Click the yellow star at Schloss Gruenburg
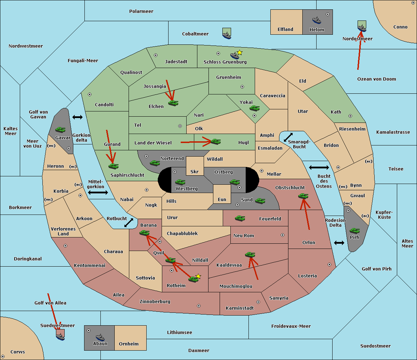(239, 53)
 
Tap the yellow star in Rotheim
(198, 276)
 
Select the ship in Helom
(317, 20)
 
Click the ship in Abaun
(100, 337)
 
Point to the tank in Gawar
(60, 130)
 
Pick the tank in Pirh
(355, 231)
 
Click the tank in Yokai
(255, 108)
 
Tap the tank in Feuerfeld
(240, 218)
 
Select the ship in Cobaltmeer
(227, 34)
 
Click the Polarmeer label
(141, 11)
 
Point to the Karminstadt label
(240, 308)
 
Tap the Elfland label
(285, 30)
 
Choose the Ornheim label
(129, 344)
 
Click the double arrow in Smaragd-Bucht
(288, 137)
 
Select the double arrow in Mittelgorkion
(98, 192)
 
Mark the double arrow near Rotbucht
(129, 223)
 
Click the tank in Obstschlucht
(303, 196)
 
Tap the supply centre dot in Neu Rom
(283, 235)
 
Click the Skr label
(195, 172)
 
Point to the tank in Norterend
(155, 163)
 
